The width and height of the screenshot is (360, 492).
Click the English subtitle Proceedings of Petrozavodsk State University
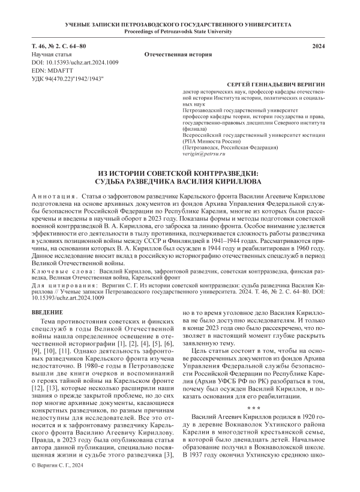179,30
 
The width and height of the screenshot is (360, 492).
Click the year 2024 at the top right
321,46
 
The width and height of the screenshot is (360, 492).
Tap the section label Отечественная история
176,55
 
